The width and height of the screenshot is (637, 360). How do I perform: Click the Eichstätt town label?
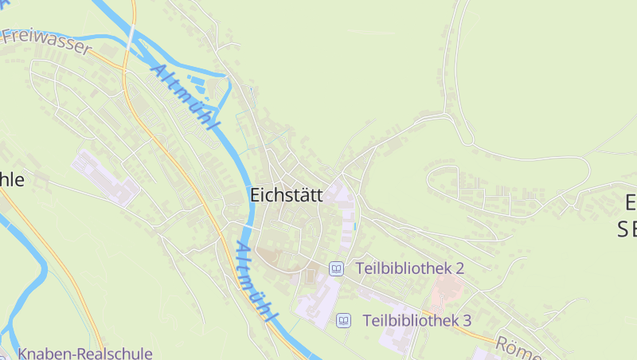[286, 195]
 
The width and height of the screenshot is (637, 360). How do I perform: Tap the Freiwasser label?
[46, 41]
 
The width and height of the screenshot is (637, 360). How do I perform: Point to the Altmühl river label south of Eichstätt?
[256, 284]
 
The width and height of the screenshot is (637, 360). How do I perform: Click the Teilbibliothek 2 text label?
[409, 268]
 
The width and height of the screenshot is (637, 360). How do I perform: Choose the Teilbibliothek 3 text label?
[417, 320]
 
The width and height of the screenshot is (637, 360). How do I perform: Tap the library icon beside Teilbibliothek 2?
[337, 268]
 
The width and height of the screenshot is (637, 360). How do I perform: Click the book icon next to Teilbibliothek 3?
[344, 320]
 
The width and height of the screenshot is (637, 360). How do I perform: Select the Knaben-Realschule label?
[84, 353]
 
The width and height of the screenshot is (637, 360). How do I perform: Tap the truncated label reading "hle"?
[12, 180]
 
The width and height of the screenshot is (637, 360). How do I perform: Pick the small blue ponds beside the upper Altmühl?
[204, 83]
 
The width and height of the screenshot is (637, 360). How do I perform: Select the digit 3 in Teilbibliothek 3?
[467, 320]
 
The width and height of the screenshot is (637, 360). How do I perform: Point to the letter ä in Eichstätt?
[303, 195]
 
